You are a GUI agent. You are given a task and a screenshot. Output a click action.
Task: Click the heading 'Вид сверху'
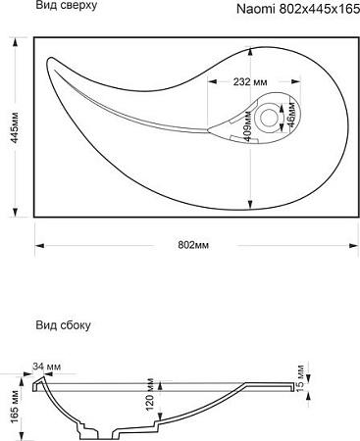[x=67, y=6]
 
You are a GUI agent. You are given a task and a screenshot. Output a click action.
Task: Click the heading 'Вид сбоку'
[x=63, y=325]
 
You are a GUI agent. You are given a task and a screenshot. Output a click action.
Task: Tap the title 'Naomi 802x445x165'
[x=298, y=9]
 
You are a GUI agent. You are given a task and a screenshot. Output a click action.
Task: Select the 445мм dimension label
[x=15, y=127]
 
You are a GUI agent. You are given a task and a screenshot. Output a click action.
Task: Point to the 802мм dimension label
[x=193, y=245]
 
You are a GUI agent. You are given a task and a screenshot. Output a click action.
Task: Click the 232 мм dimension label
[x=250, y=81]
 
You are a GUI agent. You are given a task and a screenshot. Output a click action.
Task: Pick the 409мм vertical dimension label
[x=248, y=126]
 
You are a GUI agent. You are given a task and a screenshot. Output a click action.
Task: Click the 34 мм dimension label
[x=46, y=367]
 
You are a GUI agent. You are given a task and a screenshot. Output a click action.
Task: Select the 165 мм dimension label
[x=15, y=407]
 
